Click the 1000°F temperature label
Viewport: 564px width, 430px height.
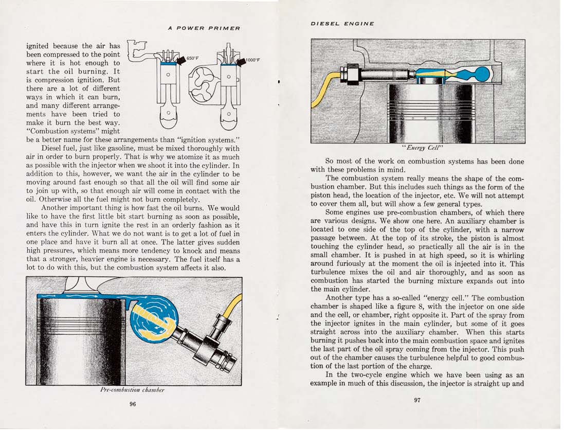pyautogui.click(x=253, y=60)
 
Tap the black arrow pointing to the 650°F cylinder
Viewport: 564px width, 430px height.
pyautogui.click(x=181, y=60)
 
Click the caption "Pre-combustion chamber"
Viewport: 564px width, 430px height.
pyautogui.click(x=133, y=390)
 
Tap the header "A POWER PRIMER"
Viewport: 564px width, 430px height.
pyautogui.click(x=204, y=28)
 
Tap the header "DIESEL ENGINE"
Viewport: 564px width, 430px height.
pyautogui.click(x=342, y=23)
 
